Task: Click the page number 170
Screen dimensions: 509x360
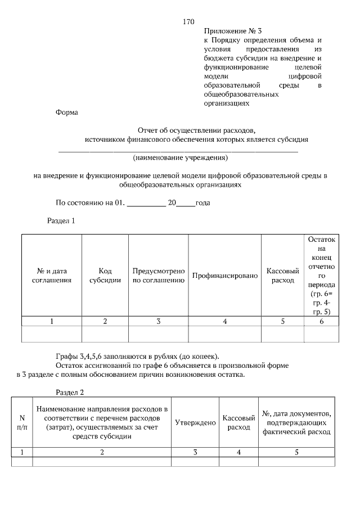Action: pos(188,22)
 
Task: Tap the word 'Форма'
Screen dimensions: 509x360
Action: pos(66,112)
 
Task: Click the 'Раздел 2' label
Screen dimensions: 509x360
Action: pos(70,392)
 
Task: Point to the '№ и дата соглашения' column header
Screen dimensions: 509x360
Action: pos(51,275)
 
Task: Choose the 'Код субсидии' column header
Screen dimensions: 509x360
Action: pos(105,275)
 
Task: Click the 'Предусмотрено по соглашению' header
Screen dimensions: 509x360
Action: pos(159,275)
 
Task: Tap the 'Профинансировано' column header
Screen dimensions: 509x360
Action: pos(224,276)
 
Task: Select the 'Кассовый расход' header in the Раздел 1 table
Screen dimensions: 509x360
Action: pos(282,275)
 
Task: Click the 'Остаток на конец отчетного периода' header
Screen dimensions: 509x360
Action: pos(321,275)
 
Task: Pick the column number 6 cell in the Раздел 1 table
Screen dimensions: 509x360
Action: pos(321,321)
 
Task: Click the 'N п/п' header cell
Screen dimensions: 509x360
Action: pos(22,422)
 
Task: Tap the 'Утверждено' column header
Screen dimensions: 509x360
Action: pos(195,422)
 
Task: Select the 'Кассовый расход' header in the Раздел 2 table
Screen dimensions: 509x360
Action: pos(238,422)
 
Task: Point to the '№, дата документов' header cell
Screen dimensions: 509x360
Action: pos(296,422)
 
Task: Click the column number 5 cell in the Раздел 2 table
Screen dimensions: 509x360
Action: pos(296,452)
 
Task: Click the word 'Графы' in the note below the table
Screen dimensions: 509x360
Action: pos(66,355)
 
